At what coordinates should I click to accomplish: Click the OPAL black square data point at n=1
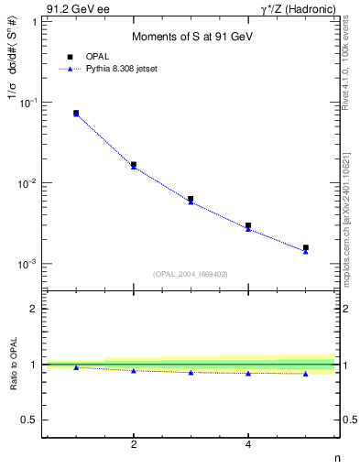[76, 113]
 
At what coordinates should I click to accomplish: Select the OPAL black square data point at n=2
[134, 165]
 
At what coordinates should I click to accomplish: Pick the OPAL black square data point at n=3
[191, 199]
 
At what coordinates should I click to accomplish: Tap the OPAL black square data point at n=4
[248, 225]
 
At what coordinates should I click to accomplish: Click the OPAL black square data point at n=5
[306, 247]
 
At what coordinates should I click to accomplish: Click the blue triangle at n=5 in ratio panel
[306, 374]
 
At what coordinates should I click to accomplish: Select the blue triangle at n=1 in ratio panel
[76, 367]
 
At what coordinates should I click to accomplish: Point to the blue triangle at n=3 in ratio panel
[191, 372]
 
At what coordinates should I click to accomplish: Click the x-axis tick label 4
[248, 445]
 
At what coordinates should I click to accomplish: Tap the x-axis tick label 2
[134, 445]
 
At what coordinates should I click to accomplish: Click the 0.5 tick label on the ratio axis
[28, 420]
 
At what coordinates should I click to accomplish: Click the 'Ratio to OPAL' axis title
[14, 364]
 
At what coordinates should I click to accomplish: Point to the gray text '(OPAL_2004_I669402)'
[191, 273]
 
